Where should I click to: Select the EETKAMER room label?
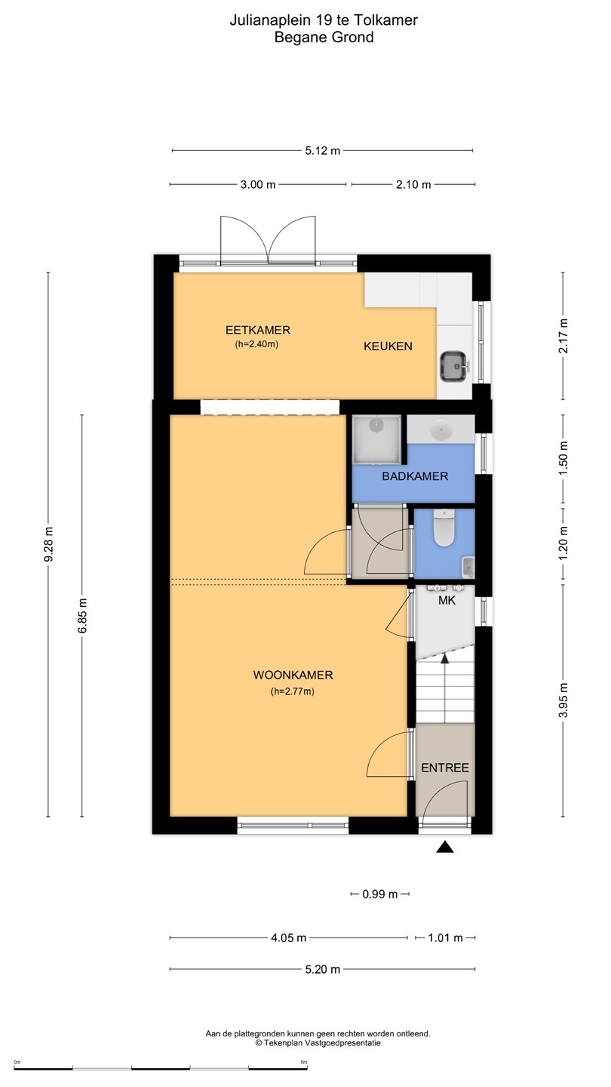click(x=258, y=330)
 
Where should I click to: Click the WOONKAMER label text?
click(x=293, y=675)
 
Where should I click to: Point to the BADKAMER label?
click(x=415, y=476)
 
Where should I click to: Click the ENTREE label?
click(x=445, y=768)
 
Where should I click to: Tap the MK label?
click(x=447, y=600)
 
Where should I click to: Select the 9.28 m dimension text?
click(x=48, y=544)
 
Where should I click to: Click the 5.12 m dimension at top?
click(x=323, y=150)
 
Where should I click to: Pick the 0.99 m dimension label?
click(x=380, y=894)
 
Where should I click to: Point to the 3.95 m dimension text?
click(x=563, y=700)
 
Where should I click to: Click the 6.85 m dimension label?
click(x=82, y=615)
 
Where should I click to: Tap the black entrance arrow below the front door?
click(x=445, y=847)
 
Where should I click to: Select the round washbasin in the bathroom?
click(x=441, y=429)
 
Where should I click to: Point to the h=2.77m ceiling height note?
click(x=293, y=691)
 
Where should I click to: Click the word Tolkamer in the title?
click(x=385, y=20)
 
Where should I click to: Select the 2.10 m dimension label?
click(x=413, y=184)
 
